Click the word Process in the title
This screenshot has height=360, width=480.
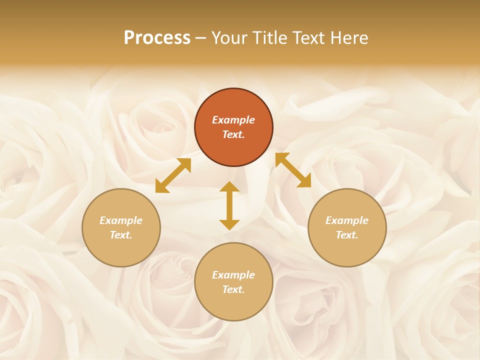coord(157,38)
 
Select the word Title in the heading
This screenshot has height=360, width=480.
coord(271,38)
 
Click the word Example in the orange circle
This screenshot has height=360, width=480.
coord(233,120)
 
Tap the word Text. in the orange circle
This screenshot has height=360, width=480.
coord(233,134)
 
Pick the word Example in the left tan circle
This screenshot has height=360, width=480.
coord(121,220)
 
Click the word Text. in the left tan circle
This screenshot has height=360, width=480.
coord(121,235)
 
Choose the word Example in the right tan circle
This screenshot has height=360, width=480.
coord(347,220)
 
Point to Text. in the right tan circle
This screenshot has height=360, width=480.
coord(347,235)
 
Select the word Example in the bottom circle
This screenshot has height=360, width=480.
coord(233,275)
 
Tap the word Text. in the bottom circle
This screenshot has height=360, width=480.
coord(233,289)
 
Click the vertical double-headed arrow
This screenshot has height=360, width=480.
coord(229,205)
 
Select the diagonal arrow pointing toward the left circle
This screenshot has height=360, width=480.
coord(173,175)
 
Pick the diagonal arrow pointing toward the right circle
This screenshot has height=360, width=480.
coord(293,170)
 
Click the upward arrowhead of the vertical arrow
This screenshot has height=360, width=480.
coord(229,186)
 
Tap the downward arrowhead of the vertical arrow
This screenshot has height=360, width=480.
coord(229,224)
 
